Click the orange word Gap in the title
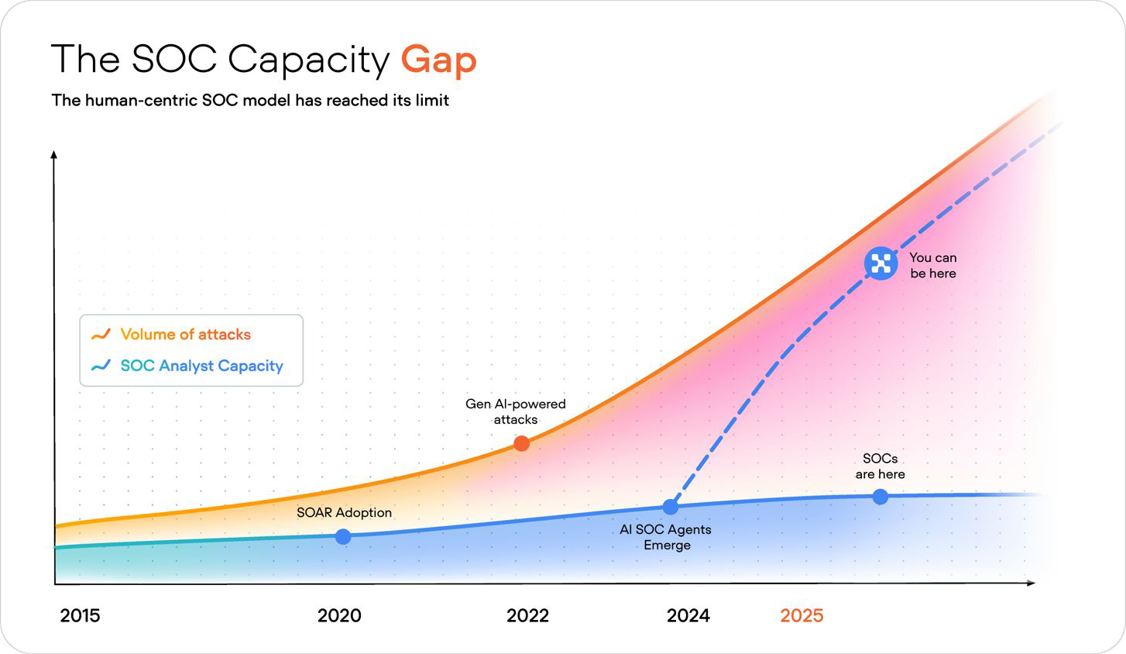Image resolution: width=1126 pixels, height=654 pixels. [438, 60]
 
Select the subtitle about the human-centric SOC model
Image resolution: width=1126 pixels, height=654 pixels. [250, 101]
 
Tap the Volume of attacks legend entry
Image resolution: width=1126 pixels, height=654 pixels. [185, 335]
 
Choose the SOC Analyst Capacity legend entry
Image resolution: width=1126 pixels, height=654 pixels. [201, 366]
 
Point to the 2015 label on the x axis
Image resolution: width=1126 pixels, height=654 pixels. [80, 615]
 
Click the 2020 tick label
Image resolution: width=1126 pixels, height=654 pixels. [339, 615]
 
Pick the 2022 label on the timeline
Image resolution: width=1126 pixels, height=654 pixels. [527, 615]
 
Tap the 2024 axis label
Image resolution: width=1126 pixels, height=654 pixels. [688, 615]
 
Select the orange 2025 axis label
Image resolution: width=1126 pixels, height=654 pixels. [802, 615]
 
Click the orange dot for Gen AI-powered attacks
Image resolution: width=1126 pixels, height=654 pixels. [522, 443]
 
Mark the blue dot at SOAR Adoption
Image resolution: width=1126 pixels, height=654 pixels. [343, 536]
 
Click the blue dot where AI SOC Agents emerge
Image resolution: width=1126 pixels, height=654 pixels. [671, 507]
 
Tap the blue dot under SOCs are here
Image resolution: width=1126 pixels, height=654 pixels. [880, 497]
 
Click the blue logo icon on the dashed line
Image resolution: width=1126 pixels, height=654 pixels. [881, 263]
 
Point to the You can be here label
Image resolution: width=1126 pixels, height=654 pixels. [932, 265]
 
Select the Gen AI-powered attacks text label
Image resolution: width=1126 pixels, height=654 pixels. [515, 411]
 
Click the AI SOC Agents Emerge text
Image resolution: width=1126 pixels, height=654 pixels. [665, 537]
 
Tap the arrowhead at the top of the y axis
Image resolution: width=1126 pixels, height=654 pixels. [54, 155]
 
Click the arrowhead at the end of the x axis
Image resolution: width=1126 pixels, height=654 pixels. [1031, 583]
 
